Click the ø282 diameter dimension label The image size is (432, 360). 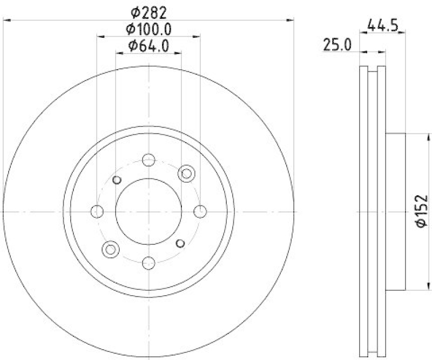tap(148, 11)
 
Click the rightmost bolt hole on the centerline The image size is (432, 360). tap(200, 211)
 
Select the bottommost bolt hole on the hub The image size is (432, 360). tap(148, 263)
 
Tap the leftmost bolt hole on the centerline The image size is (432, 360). tap(97, 211)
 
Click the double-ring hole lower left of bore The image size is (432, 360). tap(111, 249)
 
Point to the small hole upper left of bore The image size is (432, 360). tap(116, 180)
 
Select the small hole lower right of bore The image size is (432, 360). tap(181, 242)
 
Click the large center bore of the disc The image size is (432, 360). tap(148, 211)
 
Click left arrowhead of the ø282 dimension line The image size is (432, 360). tap(6, 20)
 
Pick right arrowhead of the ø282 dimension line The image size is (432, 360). tap(291, 20)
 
